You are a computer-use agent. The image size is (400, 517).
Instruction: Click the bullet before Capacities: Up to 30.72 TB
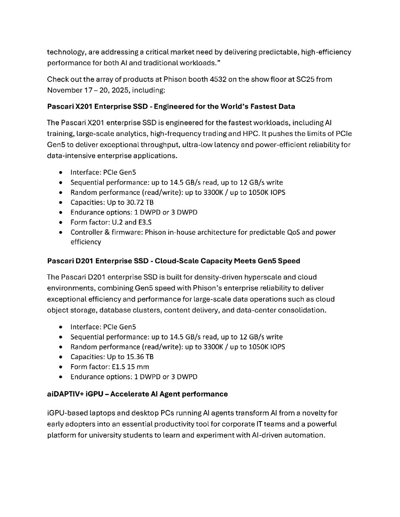(60, 202)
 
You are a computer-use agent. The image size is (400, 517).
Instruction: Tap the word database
(115, 310)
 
